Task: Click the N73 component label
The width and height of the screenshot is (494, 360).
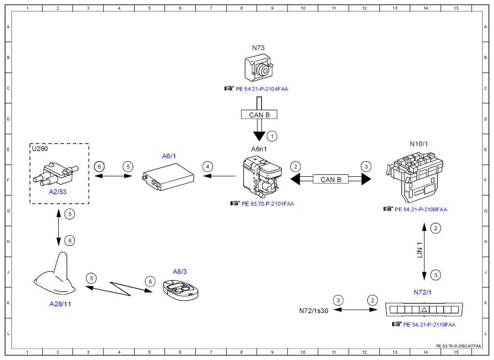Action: click(258, 48)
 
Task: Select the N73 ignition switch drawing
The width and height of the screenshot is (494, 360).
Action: click(259, 68)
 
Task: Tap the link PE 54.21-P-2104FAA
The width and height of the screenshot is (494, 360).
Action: click(262, 89)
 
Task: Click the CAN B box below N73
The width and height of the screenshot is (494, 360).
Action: click(259, 115)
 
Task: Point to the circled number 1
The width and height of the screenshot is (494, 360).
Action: click(272, 136)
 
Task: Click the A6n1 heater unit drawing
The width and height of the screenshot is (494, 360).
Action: click(262, 176)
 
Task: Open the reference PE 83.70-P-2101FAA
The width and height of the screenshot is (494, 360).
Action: click(268, 204)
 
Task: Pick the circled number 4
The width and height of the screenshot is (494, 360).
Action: click(207, 167)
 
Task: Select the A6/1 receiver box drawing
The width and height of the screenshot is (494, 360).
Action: click(168, 177)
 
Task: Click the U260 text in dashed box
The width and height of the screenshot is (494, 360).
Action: click(40, 148)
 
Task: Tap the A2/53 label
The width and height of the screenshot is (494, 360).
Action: click(58, 192)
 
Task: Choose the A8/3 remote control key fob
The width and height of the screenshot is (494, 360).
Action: click(181, 289)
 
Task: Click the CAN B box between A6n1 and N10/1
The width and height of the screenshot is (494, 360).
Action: click(330, 179)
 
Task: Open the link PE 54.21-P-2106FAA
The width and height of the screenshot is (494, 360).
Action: click(421, 209)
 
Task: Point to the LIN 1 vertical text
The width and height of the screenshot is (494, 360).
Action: click(419, 250)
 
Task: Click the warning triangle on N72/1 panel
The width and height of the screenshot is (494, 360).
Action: click(424, 310)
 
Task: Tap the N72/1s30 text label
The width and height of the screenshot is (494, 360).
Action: click(313, 311)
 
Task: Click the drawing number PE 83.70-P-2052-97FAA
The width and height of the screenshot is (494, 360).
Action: click(458, 346)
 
